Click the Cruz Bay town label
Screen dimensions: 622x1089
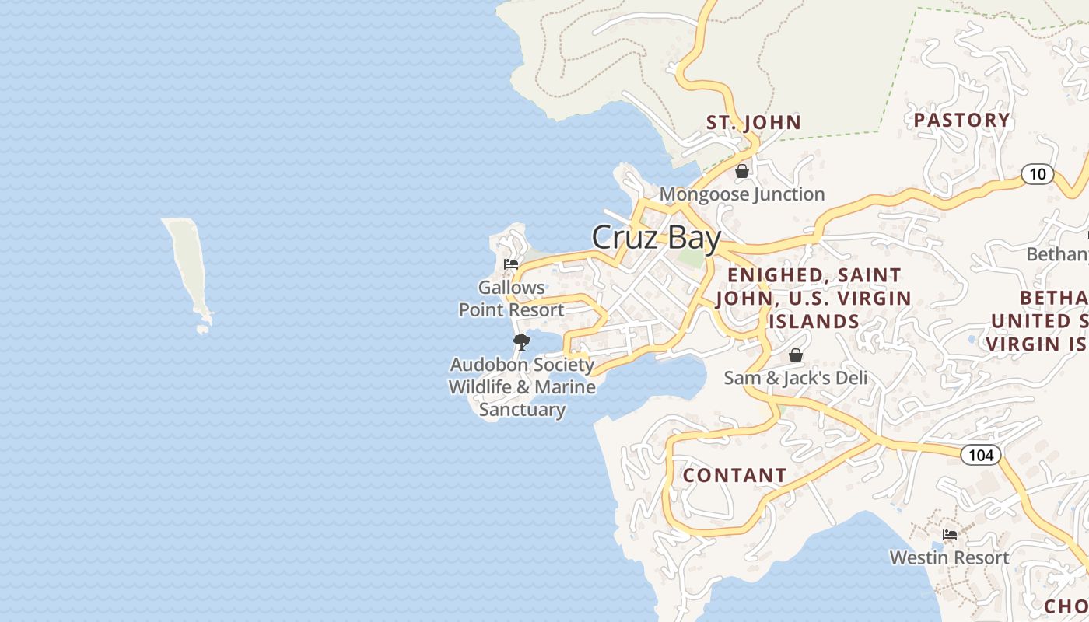656,238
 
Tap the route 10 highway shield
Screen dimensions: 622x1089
1038,174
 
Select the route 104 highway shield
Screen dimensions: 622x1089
980,455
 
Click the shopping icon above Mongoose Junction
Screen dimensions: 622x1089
742,171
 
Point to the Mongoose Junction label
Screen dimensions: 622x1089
742,194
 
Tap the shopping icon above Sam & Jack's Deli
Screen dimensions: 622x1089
796,355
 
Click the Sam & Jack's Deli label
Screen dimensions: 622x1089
795,378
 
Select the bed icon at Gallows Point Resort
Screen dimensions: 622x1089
511,264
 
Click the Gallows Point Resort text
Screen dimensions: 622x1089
511,299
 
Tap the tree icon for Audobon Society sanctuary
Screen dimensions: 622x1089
522,341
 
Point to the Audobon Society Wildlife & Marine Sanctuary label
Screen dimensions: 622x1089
522,386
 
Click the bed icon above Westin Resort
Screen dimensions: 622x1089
950,535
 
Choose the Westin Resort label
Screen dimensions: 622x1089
950,557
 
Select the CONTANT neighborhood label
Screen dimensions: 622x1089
734,475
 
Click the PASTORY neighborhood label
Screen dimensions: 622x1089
961,120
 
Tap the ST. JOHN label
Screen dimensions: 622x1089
753,122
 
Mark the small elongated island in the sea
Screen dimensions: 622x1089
187,268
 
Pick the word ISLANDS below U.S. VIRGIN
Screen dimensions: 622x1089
814,321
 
